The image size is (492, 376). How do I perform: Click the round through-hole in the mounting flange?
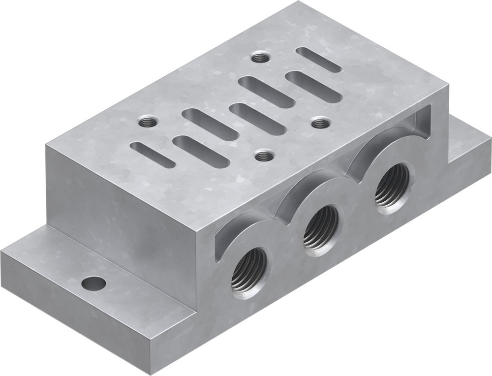coord(93,283)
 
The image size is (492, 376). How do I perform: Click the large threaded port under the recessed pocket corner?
coord(392,188)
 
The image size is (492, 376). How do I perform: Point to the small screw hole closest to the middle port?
coord(264,157)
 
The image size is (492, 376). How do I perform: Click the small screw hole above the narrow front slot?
coord(146,122)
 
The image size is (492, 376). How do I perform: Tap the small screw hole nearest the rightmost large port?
coord(320,122)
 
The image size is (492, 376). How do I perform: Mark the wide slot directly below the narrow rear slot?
coord(314,86)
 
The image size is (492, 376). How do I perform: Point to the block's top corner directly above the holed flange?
coord(47,144)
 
